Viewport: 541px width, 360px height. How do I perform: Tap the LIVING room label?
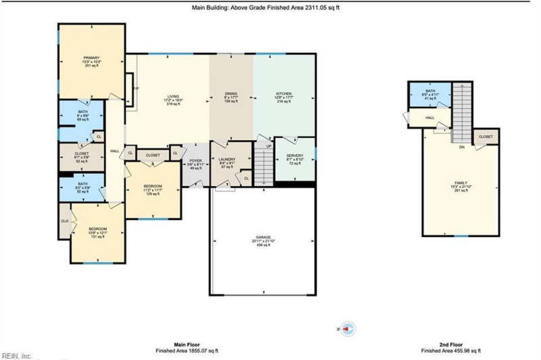click(175, 96)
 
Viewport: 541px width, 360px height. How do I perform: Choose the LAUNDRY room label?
click(227, 159)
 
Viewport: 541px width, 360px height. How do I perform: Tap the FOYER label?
click(194, 162)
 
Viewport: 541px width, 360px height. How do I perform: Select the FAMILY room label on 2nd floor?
click(461, 183)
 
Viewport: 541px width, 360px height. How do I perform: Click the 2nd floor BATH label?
click(430, 91)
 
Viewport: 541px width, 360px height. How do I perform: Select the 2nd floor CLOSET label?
click(486, 137)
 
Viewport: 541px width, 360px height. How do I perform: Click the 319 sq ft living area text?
click(175, 104)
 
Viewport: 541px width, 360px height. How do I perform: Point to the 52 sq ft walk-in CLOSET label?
click(80, 153)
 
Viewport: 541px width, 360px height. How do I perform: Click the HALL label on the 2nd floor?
click(429, 118)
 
